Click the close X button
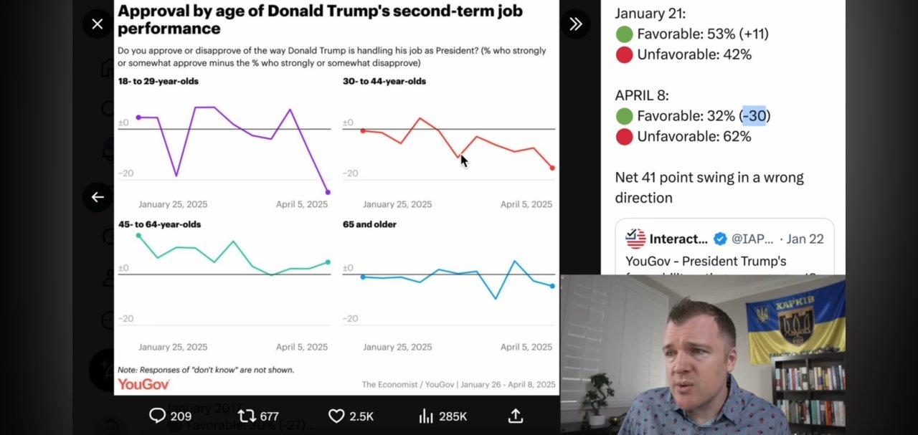pos(98,24)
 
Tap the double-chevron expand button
pos(575,24)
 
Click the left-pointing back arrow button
pos(98,197)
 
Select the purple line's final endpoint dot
pos(328,192)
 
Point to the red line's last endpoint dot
pos(552,168)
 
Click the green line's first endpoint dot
pos(138,235)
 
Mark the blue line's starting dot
pos(363,277)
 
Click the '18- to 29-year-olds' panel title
pos(158,81)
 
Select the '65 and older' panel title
pos(369,224)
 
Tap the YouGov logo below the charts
pos(143,385)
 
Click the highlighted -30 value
pos(754,115)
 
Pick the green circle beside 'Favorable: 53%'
pos(624,34)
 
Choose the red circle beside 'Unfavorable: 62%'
pos(624,136)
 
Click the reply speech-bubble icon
pos(157,416)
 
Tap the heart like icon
pos(336,416)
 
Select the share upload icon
pos(515,416)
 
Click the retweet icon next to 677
pos(247,416)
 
